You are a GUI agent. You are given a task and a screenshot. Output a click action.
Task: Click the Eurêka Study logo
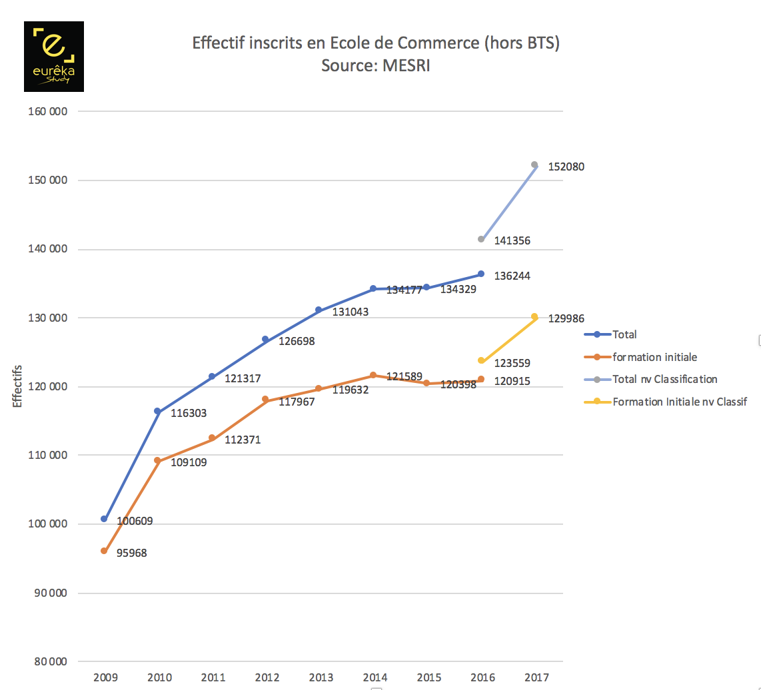[54, 57]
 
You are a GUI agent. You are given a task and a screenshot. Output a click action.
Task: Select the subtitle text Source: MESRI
[375, 66]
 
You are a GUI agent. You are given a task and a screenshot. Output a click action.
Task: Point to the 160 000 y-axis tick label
[49, 111]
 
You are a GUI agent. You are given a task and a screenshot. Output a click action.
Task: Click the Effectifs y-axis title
[17, 386]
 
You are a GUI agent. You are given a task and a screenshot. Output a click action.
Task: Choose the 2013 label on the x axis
[321, 677]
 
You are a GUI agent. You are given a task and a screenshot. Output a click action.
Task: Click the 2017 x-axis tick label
[536, 677]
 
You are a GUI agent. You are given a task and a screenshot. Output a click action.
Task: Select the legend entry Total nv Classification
[664, 379]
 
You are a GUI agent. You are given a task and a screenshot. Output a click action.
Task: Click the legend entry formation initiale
[654, 357]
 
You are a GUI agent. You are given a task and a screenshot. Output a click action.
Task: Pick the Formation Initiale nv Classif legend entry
[680, 402]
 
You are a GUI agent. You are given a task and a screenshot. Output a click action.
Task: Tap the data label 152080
[566, 167]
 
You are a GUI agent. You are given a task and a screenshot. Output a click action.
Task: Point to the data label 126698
[297, 342]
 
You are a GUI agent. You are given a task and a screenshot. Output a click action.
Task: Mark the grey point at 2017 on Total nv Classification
[534, 165]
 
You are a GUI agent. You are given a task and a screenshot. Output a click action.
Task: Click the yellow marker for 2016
[480, 360]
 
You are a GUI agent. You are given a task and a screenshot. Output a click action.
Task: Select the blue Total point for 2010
[158, 412]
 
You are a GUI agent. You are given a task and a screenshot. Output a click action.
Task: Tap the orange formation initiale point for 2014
[373, 375]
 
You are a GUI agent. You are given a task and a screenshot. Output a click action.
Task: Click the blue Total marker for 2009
[104, 519]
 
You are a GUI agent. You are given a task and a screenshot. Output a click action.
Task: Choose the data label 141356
[512, 240]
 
